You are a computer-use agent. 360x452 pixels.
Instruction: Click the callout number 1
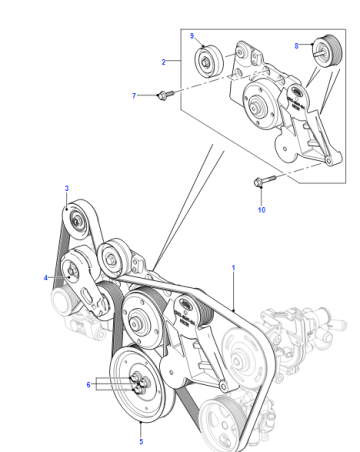(233, 268)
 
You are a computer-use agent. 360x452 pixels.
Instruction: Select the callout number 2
(163, 62)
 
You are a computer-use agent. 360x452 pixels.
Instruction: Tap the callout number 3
(67, 188)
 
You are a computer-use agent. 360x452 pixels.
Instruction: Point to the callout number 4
(46, 278)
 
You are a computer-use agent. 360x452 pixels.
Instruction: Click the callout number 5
(141, 442)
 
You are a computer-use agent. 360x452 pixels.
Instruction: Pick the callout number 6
(88, 385)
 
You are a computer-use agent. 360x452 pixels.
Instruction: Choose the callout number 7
(134, 96)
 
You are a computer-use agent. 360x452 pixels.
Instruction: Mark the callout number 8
(296, 46)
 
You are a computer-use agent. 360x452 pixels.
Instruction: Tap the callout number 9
(192, 36)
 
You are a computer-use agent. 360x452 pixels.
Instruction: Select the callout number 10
(262, 210)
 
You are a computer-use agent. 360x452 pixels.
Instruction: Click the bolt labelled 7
(166, 94)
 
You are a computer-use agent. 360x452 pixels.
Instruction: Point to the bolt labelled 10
(264, 181)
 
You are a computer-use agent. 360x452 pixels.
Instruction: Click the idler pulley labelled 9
(208, 61)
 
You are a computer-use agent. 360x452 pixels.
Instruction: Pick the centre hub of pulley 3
(77, 221)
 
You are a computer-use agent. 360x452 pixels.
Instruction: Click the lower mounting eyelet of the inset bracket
(328, 161)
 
